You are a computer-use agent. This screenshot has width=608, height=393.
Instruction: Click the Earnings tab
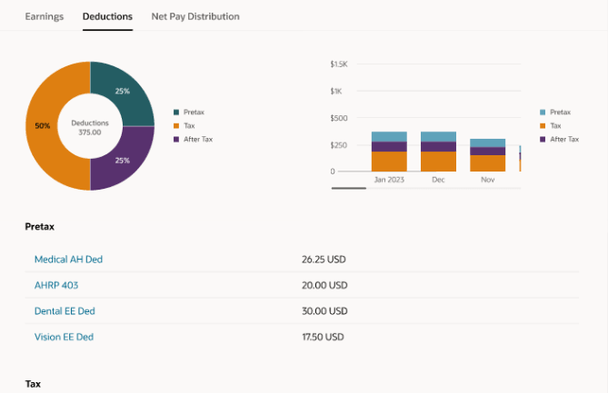[45, 16]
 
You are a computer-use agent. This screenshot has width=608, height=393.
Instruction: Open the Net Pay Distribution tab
[195, 16]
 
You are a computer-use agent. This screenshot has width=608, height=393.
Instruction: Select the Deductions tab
[107, 16]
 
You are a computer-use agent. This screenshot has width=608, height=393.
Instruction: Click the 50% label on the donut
[42, 126]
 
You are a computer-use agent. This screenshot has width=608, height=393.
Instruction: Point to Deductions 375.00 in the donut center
[91, 127]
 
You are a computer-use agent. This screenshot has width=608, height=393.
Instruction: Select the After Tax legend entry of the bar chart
[563, 139]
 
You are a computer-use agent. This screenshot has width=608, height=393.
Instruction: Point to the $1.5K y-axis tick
[338, 64]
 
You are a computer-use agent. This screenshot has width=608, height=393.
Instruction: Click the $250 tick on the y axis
[338, 145]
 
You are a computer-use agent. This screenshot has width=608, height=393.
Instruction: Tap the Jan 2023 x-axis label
[389, 180]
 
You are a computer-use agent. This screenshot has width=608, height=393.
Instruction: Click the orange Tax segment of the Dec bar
[438, 162]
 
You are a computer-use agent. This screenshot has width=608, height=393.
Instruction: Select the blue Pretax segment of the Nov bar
[487, 142]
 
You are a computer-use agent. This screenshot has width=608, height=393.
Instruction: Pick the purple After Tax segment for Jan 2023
[389, 146]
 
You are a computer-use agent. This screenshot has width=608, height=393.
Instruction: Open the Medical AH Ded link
[68, 260]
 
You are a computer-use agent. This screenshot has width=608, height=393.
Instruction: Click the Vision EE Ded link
[64, 337]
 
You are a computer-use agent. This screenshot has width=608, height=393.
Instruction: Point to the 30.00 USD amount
[324, 311]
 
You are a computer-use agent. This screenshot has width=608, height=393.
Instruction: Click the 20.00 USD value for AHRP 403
[324, 285]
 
